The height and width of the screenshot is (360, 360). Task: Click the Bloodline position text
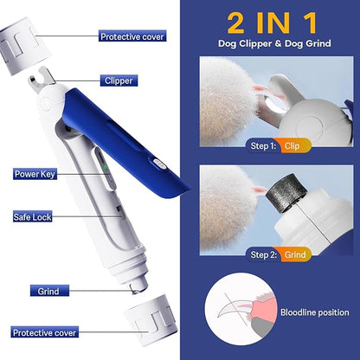pyautogui.click(x=316, y=312)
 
